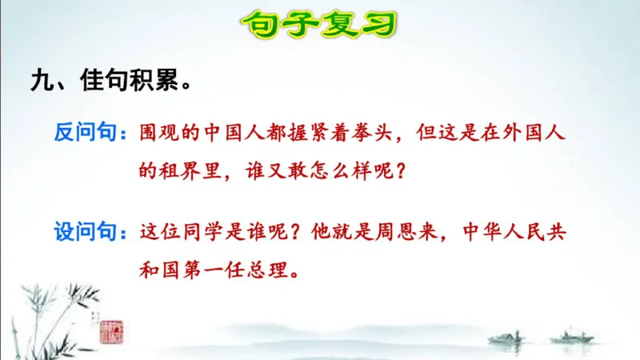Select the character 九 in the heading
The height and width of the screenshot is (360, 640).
click(40, 81)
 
